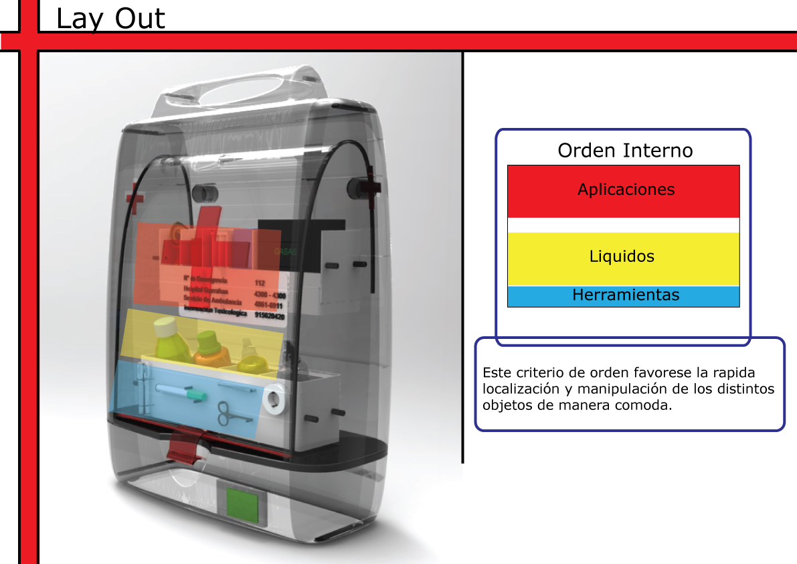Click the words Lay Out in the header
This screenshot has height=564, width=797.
[x=110, y=19]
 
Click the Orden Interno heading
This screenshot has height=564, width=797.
[x=625, y=150]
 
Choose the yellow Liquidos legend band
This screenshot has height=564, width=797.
[x=623, y=257]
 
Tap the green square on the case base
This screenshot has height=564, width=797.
[x=242, y=505]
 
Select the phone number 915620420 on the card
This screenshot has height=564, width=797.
[x=270, y=316]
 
